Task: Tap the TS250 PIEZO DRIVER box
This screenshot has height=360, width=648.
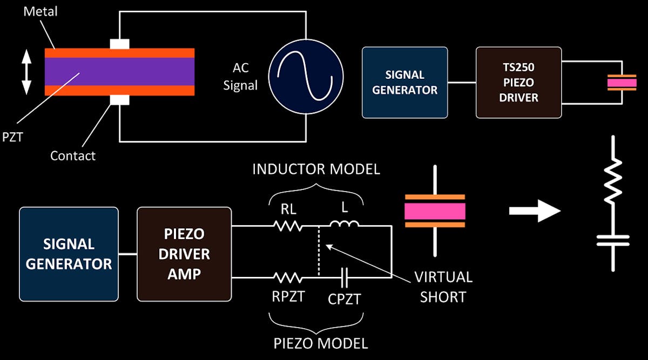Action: [518, 82]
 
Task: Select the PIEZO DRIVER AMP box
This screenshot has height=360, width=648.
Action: [184, 254]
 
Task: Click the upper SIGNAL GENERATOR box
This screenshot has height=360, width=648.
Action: [404, 82]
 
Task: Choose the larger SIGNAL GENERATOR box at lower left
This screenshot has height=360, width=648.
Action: [69, 254]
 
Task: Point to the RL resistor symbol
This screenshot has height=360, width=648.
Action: [289, 226]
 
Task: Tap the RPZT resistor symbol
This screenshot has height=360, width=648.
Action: [288, 278]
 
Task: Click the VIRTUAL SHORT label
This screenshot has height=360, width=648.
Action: [443, 287]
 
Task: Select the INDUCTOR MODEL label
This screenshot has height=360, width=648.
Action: [316, 169]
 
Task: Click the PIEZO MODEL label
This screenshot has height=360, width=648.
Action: [321, 343]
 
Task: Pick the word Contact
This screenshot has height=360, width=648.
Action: [73, 156]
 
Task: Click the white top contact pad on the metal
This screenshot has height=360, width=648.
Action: [119, 44]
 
